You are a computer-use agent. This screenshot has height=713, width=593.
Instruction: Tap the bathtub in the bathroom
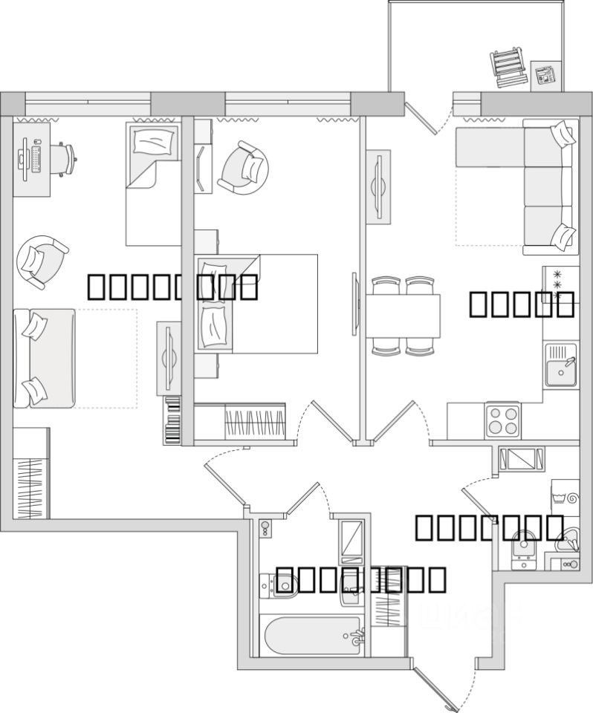click(312, 636)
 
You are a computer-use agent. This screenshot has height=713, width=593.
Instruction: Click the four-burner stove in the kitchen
click(503, 420)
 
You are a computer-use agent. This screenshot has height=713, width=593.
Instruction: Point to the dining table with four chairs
click(403, 315)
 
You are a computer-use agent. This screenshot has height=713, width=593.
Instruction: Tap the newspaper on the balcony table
click(546, 75)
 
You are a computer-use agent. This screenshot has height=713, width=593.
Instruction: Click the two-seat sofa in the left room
click(45, 358)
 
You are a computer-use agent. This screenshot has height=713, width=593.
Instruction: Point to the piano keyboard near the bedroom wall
click(172, 421)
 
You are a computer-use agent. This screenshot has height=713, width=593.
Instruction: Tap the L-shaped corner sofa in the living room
click(535, 186)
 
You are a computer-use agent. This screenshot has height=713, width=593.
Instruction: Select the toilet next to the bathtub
click(278, 586)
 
